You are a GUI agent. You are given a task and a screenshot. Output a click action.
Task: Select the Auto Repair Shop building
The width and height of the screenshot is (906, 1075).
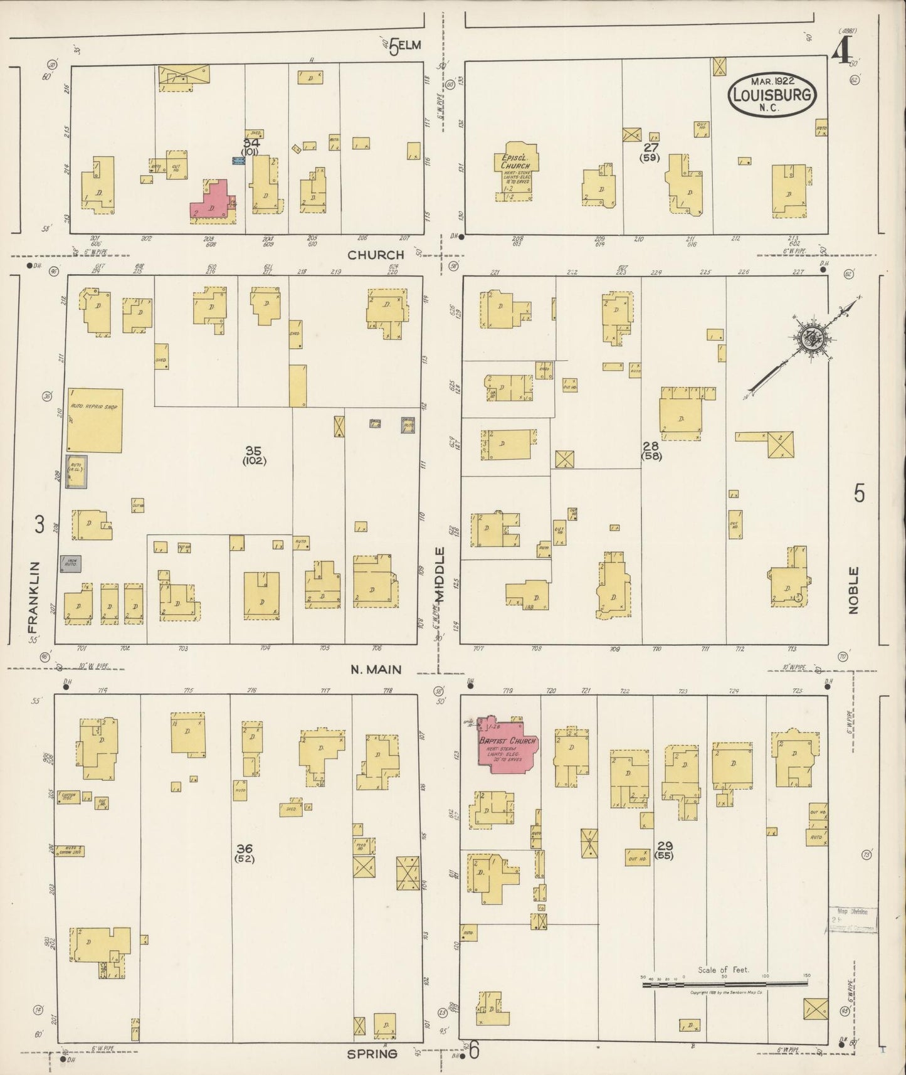95,420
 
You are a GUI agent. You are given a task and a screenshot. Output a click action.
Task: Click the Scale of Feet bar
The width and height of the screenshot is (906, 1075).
724,985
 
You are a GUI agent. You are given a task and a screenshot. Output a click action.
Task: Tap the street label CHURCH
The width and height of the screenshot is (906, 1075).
376,255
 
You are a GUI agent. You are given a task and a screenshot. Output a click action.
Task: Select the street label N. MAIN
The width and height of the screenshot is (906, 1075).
376,669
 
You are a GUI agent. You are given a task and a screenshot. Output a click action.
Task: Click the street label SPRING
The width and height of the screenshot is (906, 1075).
372,1053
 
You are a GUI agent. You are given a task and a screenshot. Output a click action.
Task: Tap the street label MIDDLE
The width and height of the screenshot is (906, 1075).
441,575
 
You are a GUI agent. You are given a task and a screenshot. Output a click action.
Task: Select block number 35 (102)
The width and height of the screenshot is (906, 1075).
254,455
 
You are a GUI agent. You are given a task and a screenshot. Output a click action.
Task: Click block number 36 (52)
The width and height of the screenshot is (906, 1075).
244,853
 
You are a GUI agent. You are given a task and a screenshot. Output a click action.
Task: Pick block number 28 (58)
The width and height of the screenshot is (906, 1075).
651,450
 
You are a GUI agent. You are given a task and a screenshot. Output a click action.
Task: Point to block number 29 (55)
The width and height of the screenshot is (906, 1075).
664,850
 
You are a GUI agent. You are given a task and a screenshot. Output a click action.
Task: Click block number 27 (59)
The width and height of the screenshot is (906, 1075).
650,152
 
